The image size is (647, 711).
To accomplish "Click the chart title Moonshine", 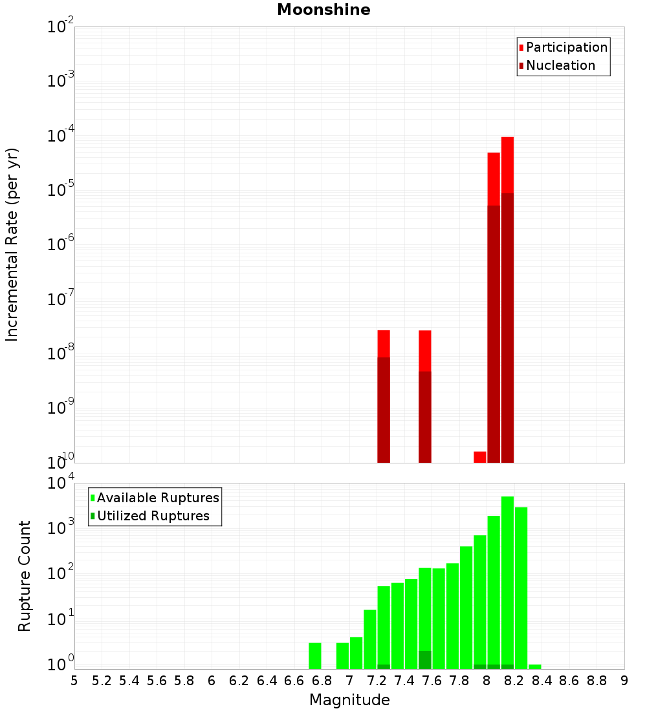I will (x=323, y=10).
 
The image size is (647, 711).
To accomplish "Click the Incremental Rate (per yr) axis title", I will (x=12, y=244).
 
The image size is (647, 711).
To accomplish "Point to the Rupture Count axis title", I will (x=25, y=576).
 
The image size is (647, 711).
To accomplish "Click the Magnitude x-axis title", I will (x=349, y=700).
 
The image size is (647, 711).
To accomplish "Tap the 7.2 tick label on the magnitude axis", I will (x=377, y=681).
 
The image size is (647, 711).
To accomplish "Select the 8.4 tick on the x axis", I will (x=542, y=681).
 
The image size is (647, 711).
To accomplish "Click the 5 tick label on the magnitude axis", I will (x=74, y=681).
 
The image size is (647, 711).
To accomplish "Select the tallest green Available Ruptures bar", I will (x=507, y=582).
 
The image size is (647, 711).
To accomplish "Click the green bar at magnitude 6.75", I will (x=315, y=655).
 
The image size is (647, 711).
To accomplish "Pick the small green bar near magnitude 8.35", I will (x=534, y=666).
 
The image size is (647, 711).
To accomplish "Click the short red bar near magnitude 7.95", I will (x=479, y=457).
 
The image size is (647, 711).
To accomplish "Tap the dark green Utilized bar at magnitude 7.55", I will (x=424, y=660).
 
